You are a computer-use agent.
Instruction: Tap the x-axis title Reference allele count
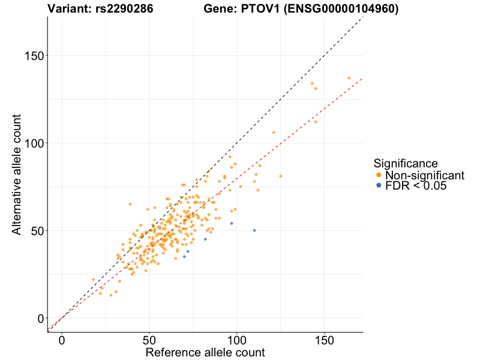[x=205, y=352]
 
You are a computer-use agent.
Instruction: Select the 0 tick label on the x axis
[x=62, y=340]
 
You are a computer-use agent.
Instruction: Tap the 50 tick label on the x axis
[x=149, y=340]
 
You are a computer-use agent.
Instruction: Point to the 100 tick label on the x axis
[x=237, y=340]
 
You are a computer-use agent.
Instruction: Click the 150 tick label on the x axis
[x=325, y=340]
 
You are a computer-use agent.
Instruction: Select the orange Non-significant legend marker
[x=378, y=175]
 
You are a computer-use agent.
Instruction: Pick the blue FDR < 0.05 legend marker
[x=378, y=186]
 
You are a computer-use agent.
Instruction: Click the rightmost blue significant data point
[x=254, y=230]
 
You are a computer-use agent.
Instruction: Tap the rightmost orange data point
[x=349, y=78]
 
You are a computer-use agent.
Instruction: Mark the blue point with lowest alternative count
[x=184, y=257]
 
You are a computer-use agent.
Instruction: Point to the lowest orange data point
[x=111, y=295]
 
